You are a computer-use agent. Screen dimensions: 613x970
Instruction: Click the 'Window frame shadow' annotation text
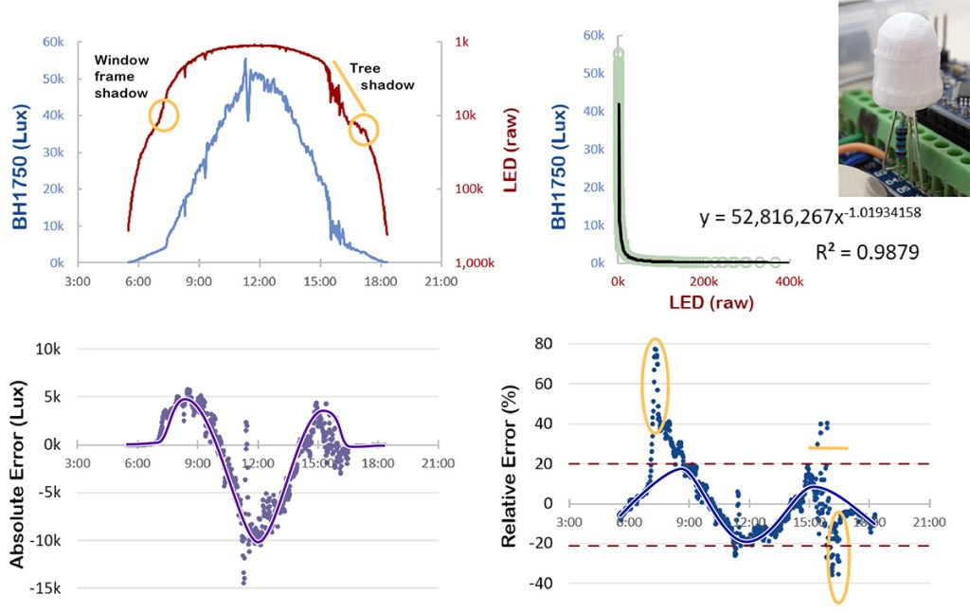coord(121,76)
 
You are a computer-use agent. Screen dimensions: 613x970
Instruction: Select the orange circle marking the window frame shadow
coord(163,116)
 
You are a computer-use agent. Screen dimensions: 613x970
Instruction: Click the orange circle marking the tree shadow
coord(363,129)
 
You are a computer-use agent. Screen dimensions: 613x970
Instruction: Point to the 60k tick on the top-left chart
coord(52,42)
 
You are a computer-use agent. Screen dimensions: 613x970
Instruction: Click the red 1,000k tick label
coord(463,262)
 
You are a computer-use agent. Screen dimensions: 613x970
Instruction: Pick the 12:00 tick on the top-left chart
coord(258,280)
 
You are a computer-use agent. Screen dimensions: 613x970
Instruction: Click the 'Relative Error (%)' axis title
coord(510,461)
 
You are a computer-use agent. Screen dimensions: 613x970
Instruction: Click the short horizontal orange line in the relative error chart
coord(828,447)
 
